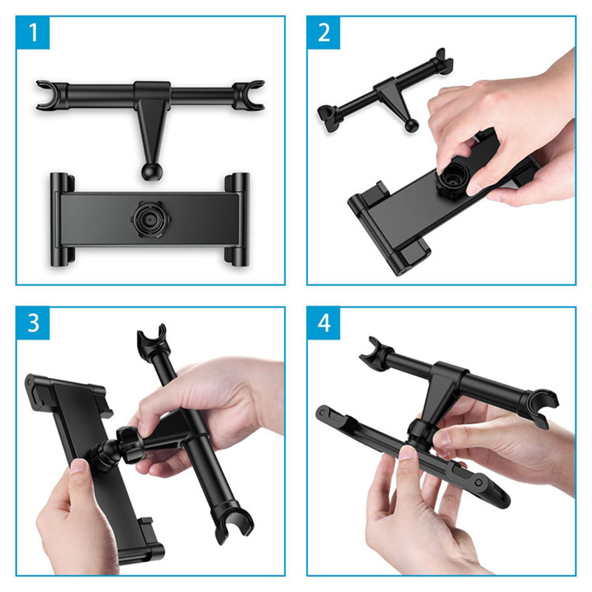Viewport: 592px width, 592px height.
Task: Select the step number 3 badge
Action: tap(33, 323)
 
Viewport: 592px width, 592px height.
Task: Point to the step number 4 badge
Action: tap(323, 323)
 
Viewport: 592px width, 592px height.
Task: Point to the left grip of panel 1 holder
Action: tap(61, 219)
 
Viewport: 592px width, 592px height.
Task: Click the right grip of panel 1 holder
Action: tap(238, 219)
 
